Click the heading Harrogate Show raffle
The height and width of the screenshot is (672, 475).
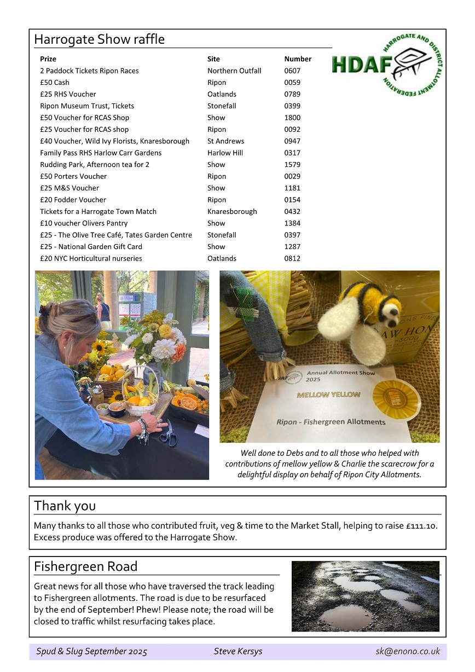point(99,39)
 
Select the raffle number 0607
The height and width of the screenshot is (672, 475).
point(292,71)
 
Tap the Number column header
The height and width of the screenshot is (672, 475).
point(298,59)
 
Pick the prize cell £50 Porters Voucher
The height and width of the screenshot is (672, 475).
point(73,176)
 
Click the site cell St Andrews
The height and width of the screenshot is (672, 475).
point(225,141)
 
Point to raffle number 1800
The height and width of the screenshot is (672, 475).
point(292,118)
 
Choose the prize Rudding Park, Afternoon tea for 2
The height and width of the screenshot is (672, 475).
point(95,165)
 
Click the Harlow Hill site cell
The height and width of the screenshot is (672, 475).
point(225,153)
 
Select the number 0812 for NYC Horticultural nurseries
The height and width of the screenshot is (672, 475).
point(292,258)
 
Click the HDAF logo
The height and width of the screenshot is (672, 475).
point(387,64)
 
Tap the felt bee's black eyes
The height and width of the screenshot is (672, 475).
point(392,311)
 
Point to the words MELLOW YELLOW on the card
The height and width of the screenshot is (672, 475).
point(328,395)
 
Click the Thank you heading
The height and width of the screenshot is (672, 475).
point(65,506)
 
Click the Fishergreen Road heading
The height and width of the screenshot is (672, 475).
point(85,566)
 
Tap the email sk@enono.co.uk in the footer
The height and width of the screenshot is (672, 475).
point(408,651)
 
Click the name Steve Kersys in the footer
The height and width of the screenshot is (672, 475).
point(237,651)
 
